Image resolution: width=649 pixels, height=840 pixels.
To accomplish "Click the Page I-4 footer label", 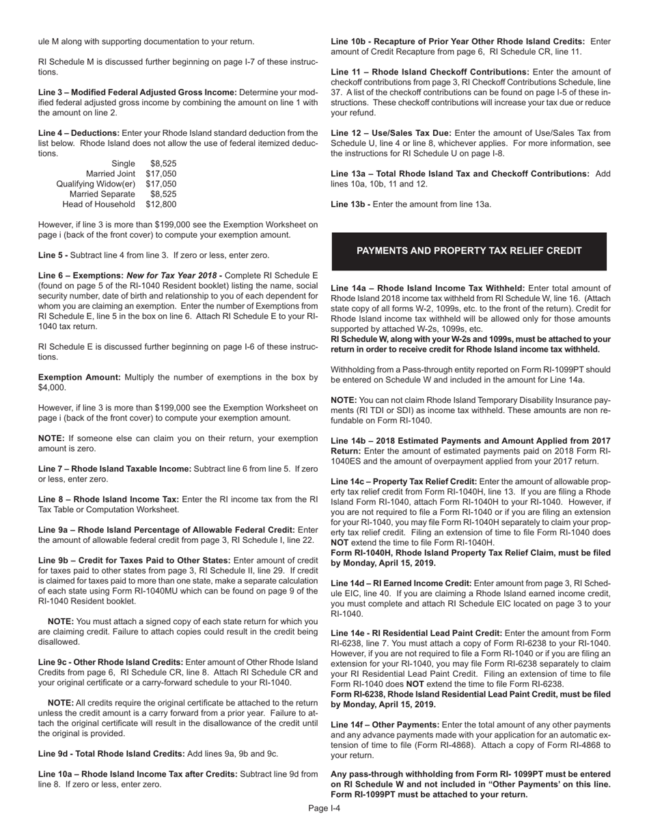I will (x=324, y=809).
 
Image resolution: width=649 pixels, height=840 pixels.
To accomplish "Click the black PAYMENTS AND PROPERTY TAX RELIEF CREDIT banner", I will (x=469, y=251).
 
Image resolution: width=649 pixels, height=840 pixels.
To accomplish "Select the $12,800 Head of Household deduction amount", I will (x=161, y=204).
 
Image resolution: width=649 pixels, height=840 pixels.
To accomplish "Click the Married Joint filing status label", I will (x=111, y=174).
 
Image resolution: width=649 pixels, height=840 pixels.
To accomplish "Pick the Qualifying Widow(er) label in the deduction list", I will (x=96, y=184).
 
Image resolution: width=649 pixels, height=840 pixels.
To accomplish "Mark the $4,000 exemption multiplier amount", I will (x=52, y=387).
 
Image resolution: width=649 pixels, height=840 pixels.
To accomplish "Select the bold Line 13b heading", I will (x=350, y=204).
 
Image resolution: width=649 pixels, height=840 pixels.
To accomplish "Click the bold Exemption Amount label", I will (x=79, y=377).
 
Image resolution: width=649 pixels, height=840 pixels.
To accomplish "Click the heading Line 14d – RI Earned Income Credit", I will (x=401, y=583).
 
